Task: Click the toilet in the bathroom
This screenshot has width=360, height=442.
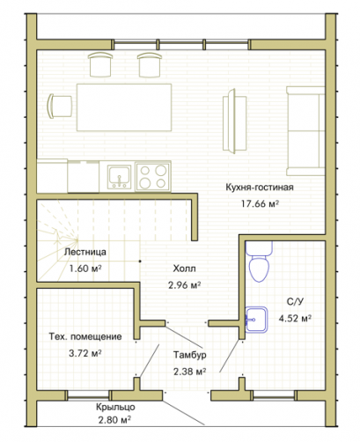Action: click(259, 262)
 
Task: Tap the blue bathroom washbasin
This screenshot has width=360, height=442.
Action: click(256, 320)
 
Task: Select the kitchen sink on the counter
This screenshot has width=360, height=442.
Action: click(119, 177)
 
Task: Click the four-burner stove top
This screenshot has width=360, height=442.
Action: click(152, 176)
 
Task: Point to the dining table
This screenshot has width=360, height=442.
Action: click(124, 107)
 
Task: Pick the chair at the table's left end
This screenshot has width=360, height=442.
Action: click(60, 107)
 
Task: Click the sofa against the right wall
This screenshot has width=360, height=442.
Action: click(305, 131)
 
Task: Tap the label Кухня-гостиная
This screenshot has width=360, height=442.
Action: click(260, 187)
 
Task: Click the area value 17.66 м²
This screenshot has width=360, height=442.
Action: click(260, 203)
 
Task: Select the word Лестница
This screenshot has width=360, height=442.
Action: click(85, 252)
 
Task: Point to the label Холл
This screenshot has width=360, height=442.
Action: click(184, 269)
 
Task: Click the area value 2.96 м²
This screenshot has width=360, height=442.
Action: click(184, 285)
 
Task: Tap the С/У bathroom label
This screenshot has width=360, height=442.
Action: click(295, 302)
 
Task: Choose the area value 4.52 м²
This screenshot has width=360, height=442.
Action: click(295, 319)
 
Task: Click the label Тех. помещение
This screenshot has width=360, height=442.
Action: click(85, 336)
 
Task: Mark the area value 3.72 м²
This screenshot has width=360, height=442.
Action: click(85, 353)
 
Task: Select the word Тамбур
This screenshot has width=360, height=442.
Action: click(189, 355)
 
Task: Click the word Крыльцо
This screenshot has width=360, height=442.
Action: click(115, 407)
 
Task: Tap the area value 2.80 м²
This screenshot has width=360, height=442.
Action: click(114, 420)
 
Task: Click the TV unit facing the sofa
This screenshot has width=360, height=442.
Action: click(234, 121)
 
